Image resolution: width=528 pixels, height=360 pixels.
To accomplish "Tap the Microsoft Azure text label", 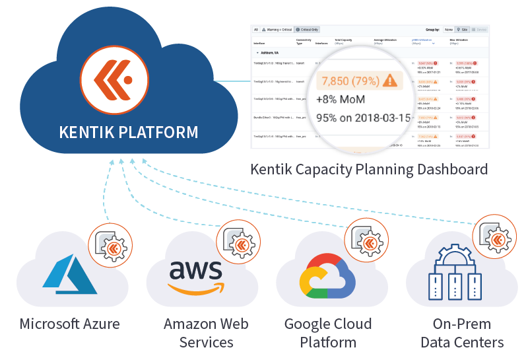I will pos(70,324).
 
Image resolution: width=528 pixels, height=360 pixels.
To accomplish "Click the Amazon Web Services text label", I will pos(206,333).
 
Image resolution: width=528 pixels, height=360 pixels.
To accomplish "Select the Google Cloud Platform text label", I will pos(328,333).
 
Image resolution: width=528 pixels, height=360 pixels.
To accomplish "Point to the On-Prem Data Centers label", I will pos(462,333).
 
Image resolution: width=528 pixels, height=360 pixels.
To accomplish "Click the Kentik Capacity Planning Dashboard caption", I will pos(369,169).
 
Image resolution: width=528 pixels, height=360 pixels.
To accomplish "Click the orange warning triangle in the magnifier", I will pos(390,81).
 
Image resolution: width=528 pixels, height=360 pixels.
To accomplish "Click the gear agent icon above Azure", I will pos(109,242).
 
